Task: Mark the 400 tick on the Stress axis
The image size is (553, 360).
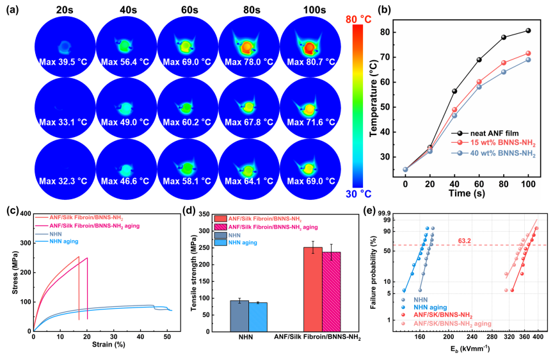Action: point(26,214)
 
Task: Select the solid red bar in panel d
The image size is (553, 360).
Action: point(314,290)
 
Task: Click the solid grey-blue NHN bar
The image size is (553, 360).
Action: point(239,316)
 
